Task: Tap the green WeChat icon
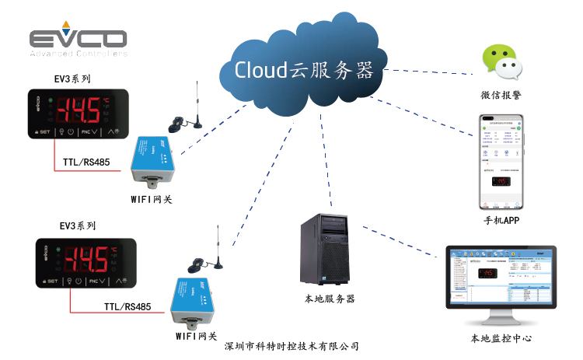(x=501, y=64)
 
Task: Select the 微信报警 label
(x=501, y=96)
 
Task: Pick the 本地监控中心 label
(x=501, y=338)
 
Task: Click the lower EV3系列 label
(x=78, y=226)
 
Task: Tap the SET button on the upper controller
(x=43, y=132)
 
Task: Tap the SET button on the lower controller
(x=51, y=281)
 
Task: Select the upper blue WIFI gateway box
(x=156, y=164)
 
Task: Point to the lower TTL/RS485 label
(x=127, y=306)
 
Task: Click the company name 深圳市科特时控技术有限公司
(x=291, y=346)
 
